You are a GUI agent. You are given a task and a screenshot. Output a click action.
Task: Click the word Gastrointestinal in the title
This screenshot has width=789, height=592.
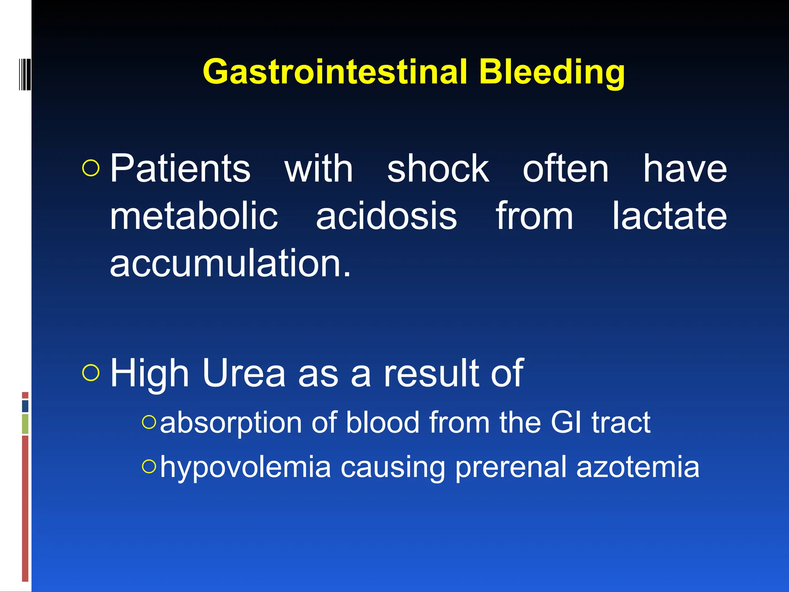[334, 72]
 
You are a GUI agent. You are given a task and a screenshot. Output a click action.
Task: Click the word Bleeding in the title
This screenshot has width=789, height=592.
[552, 72]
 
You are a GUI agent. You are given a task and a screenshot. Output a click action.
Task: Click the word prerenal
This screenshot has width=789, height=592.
[511, 467]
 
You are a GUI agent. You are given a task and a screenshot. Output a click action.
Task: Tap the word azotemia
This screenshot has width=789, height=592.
[638, 467]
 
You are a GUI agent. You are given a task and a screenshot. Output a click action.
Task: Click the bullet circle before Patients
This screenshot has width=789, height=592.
[91, 168]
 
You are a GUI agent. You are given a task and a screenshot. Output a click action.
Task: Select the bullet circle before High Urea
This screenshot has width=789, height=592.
[91, 373]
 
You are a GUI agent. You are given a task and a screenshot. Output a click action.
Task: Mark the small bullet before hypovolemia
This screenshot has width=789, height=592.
[149, 467]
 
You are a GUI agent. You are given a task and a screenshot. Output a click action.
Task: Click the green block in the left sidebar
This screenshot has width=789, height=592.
[25, 424]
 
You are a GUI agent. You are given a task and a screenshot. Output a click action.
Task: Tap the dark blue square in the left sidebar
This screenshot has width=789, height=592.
[25, 406]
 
